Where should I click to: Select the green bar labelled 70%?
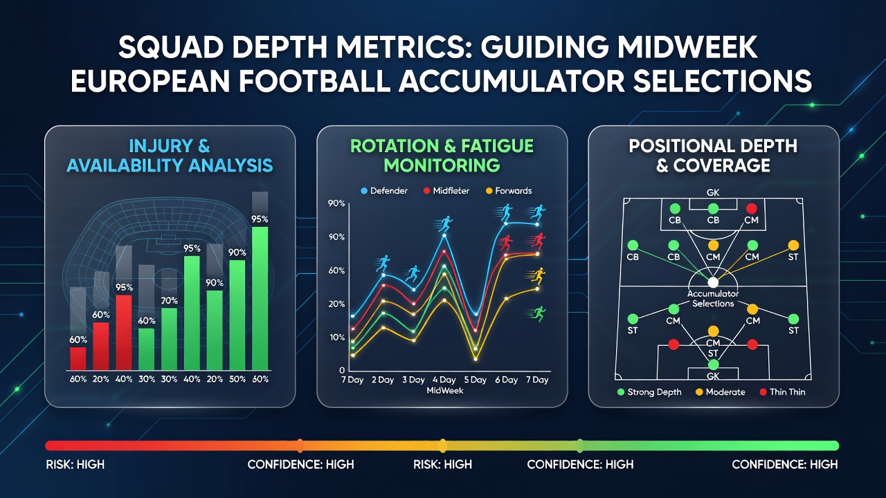click(x=170, y=339)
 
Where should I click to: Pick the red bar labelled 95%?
click(x=123, y=333)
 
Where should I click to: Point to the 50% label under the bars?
click(x=237, y=379)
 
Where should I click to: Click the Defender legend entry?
click(x=384, y=191)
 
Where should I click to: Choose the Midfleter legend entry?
click(x=446, y=191)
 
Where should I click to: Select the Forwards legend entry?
click(x=509, y=191)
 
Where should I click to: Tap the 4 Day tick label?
click(x=444, y=380)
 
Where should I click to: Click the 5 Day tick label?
click(x=475, y=380)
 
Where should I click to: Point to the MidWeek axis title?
click(x=445, y=391)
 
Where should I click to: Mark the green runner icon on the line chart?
click(x=537, y=314)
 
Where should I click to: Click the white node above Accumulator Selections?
click(x=713, y=283)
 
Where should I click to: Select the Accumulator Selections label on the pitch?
click(x=713, y=299)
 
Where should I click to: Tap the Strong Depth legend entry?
click(x=649, y=392)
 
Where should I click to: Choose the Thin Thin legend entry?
click(x=782, y=392)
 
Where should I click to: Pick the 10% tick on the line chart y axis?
click(x=336, y=337)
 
